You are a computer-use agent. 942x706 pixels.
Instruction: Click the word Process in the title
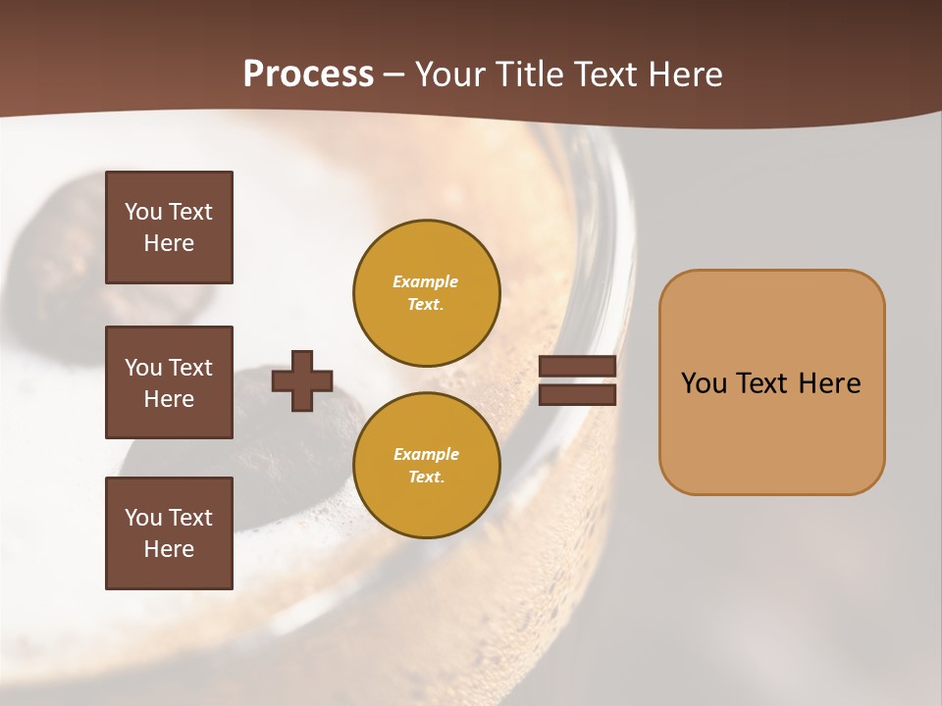(308, 75)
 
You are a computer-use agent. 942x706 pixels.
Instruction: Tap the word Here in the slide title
(684, 75)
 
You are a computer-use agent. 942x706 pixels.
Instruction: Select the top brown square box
(169, 227)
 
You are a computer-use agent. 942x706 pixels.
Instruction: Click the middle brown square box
(169, 382)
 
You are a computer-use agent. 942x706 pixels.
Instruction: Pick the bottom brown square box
(169, 533)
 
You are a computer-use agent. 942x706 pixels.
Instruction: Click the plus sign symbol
(302, 380)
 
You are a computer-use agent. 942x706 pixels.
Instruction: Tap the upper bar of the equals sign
(578, 366)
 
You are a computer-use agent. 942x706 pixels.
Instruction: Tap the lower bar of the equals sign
(578, 394)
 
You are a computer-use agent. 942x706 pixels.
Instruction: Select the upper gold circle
(426, 293)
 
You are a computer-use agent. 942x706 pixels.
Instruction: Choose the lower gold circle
(426, 466)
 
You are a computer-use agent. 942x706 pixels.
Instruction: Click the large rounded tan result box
(771, 381)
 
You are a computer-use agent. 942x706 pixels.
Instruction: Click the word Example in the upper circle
(426, 281)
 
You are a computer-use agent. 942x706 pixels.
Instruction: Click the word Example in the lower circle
(426, 454)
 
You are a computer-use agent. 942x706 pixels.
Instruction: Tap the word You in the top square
(143, 212)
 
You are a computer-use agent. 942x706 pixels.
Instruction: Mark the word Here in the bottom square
(169, 549)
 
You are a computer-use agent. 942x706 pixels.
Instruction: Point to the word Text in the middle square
(190, 368)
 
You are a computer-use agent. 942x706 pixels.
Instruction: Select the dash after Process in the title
(394, 76)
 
